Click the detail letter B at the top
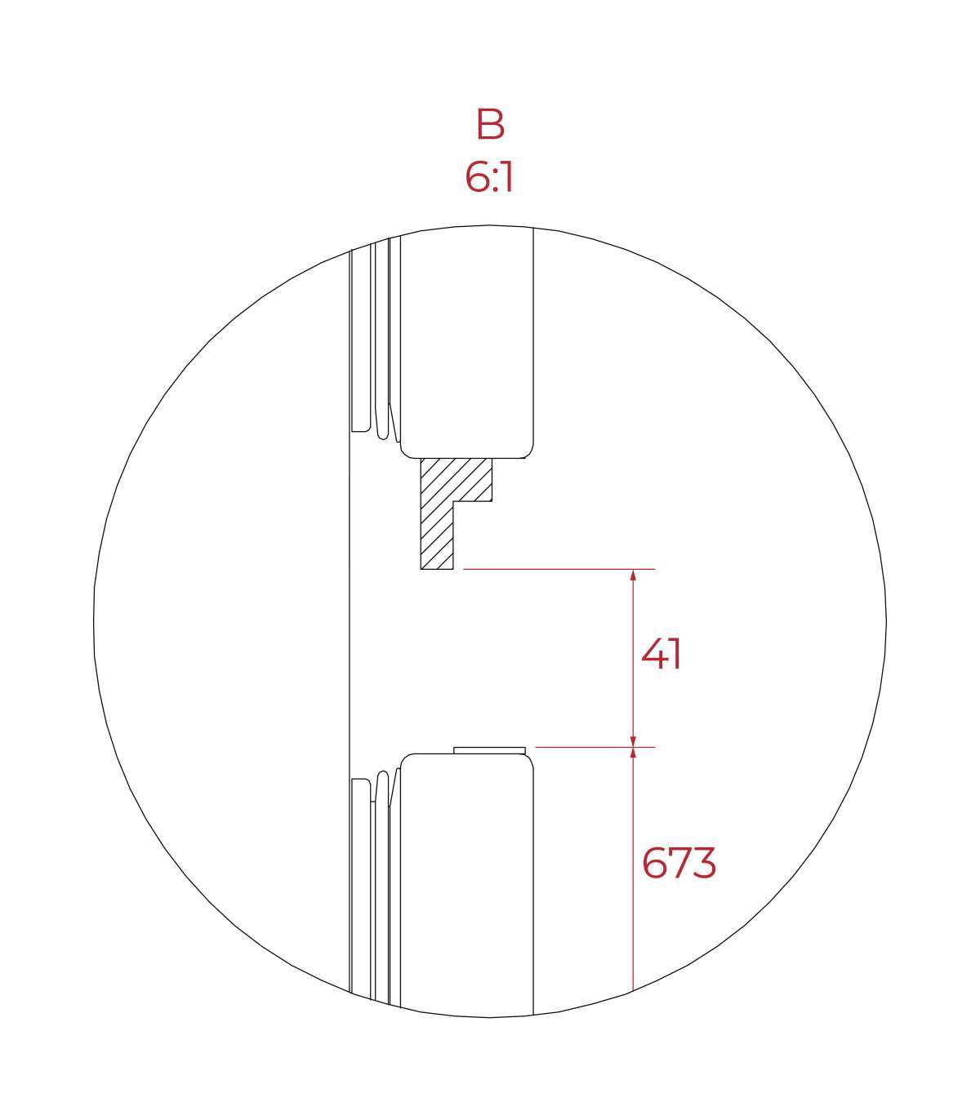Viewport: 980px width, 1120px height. click(x=490, y=124)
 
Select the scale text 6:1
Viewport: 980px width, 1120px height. click(x=489, y=177)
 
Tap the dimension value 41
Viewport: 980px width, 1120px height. click(x=661, y=653)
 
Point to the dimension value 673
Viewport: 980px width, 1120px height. click(x=679, y=863)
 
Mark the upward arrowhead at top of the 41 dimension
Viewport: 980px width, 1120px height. click(x=633, y=575)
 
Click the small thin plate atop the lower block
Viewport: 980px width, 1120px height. click(x=489, y=750)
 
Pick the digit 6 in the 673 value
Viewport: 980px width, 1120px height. click(x=653, y=863)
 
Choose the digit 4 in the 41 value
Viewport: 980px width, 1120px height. click(x=653, y=653)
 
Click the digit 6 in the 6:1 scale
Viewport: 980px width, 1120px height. click(x=477, y=177)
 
